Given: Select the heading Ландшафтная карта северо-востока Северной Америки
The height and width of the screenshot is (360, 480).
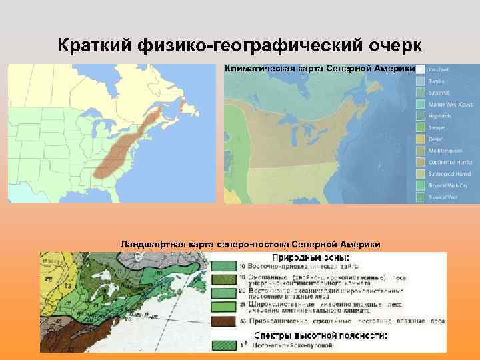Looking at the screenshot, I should [250, 244].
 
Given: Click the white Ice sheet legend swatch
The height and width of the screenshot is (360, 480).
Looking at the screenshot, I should [421, 69].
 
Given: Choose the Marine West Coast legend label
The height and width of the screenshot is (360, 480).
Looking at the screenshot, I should [451, 104].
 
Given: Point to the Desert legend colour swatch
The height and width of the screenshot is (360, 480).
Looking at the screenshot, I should [421, 139].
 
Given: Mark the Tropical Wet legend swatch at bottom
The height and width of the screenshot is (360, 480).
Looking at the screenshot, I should [421, 197].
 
